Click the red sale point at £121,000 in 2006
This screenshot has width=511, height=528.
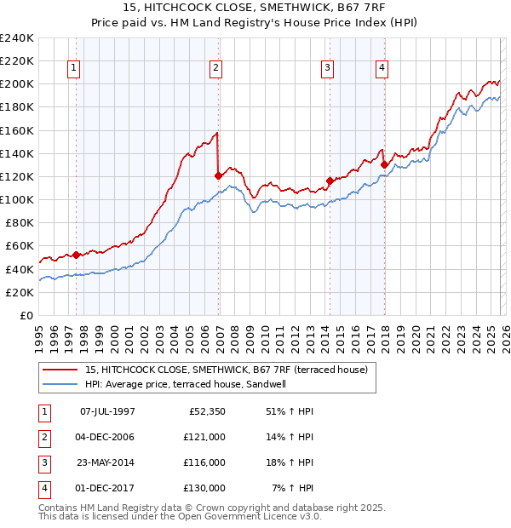(219, 176)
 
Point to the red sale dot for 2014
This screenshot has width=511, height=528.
(330, 181)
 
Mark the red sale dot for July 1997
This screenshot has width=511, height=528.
(77, 255)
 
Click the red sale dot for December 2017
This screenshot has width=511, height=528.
(384, 165)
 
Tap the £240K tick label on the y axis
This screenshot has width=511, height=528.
(17, 38)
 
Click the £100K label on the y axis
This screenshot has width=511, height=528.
(17, 199)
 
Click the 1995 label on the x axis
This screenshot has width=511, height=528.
(39, 336)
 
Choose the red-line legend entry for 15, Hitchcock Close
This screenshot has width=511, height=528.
(226, 370)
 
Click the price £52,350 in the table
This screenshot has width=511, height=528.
(204, 411)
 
